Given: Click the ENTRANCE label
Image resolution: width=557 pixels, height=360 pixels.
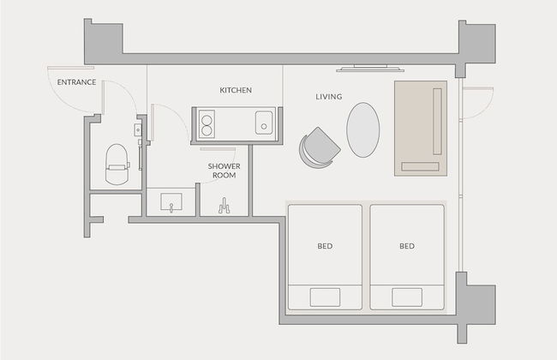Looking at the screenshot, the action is (77, 82).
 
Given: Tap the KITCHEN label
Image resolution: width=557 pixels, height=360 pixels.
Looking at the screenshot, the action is (236, 90).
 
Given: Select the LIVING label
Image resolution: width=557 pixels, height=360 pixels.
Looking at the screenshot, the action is (329, 97).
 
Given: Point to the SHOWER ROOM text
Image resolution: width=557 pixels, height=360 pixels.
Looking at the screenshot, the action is (225, 171).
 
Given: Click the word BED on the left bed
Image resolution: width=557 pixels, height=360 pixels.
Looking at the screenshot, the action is (325, 246).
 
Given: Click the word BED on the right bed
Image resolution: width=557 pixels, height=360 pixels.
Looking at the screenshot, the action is (407, 246).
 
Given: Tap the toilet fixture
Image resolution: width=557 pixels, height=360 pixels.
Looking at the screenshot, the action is (117, 165).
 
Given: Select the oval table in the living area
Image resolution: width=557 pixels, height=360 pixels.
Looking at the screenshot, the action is (363, 129).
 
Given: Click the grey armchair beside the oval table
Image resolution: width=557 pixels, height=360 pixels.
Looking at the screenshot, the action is (320, 147).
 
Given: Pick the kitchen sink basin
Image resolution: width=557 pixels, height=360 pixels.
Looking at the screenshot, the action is (264, 123).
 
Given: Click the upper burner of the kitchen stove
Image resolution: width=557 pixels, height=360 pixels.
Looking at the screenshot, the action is (207, 121).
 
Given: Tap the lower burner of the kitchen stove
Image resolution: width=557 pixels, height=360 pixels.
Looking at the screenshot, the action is (207, 131).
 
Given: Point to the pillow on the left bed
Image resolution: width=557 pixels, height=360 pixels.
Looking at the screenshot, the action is (325, 297).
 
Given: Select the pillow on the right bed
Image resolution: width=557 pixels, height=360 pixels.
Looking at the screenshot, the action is (407, 297).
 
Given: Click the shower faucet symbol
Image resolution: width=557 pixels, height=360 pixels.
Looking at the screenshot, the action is (225, 206).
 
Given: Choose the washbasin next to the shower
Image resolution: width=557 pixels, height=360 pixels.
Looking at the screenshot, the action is (171, 201).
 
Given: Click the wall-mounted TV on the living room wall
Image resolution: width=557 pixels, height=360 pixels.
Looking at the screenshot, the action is (370, 69).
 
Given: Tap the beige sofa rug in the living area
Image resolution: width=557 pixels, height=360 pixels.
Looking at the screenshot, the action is (421, 129).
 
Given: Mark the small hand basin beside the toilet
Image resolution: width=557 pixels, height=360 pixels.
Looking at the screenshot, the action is (138, 130).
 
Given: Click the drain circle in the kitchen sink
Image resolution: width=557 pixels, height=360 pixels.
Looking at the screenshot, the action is (264, 126).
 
